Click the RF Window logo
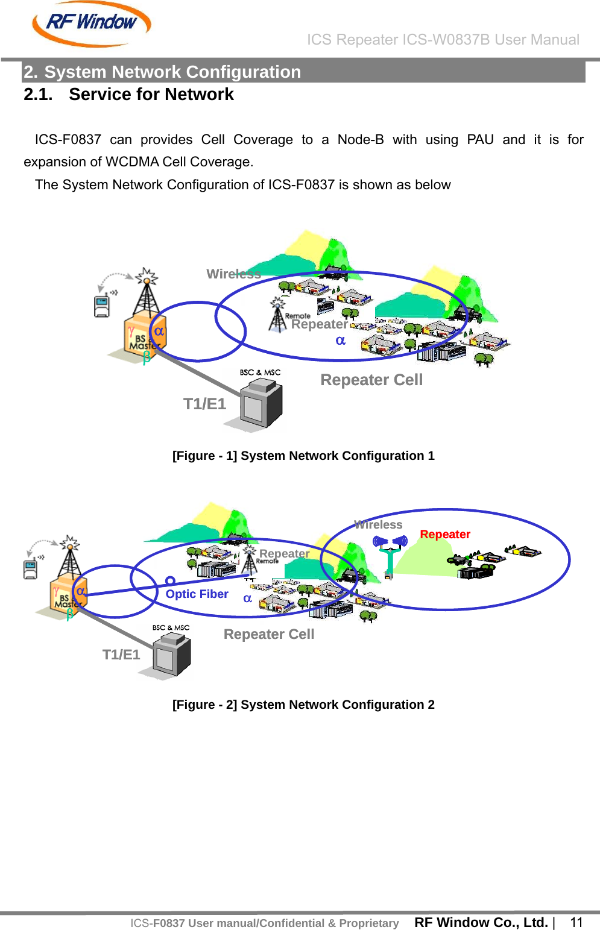click(91, 24)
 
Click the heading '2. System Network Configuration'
click(162, 72)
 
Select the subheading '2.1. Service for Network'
click(128, 95)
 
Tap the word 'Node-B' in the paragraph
click(360, 140)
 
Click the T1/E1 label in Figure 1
click(204, 404)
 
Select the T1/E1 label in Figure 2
click(121, 655)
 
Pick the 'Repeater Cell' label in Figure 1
click(371, 380)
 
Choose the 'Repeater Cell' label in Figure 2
click(269, 634)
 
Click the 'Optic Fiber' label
click(197, 594)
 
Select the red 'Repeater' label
click(445, 534)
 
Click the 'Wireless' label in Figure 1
click(233, 274)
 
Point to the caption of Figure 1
click(303, 456)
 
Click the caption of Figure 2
click(303, 705)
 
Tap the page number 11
click(576, 922)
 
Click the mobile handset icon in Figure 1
click(102, 306)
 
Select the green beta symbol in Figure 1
click(146, 357)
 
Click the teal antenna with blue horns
click(390, 555)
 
